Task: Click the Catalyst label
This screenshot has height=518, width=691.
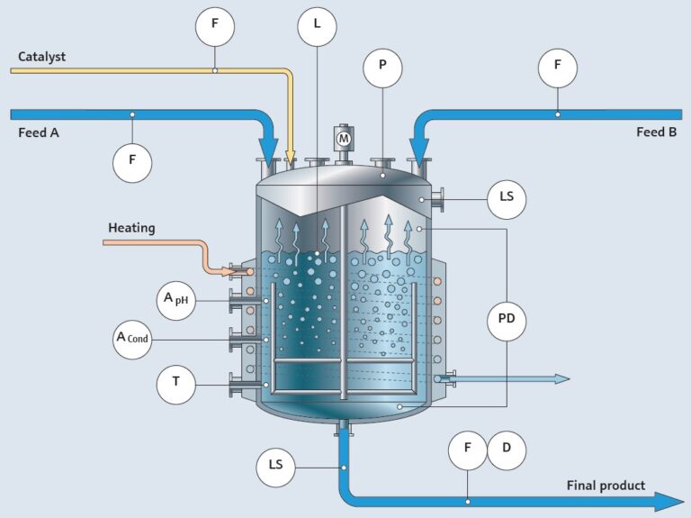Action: [x=41, y=57]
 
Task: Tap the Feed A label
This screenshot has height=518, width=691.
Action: [x=39, y=132]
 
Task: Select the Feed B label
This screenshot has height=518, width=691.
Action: [x=656, y=132]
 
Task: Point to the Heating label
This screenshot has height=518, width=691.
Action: [x=131, y=228]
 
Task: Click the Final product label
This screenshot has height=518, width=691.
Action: [x=606, y=486]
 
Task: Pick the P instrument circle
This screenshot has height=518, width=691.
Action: [x=382, y=68]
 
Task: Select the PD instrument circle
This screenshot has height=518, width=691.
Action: [x=507, y=319]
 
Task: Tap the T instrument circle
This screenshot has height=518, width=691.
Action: [x=175, y=385]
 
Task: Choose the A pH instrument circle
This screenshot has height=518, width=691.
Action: [x=175, y=300]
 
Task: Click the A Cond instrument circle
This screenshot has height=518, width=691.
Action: [x=132, y=339]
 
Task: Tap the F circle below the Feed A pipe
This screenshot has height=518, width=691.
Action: [x=132, y=164]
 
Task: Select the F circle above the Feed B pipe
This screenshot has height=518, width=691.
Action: [x=557, y=68]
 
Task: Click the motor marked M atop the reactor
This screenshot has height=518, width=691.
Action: [x=343, y=139]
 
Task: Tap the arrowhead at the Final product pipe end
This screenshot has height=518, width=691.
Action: [x=669, y=502]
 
